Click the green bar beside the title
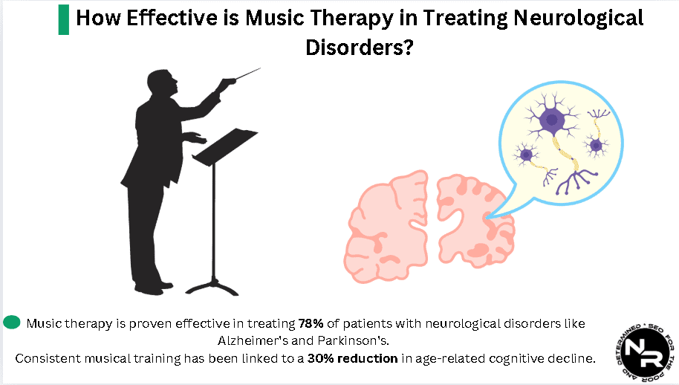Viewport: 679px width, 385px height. (63, 19)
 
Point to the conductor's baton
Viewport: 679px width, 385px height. (245, 74)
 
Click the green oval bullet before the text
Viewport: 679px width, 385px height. (11, 323)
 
